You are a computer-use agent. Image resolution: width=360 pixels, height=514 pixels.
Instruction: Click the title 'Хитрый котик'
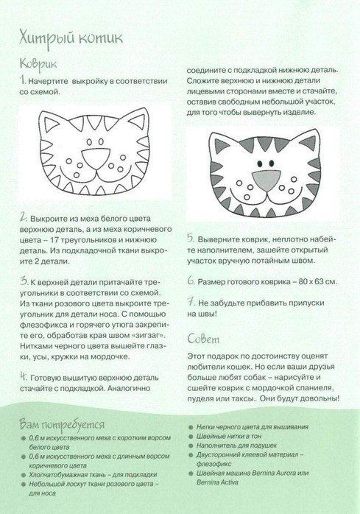[x=71, y=38]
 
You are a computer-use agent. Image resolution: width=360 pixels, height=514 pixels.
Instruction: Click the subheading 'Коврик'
[x=38, y=64]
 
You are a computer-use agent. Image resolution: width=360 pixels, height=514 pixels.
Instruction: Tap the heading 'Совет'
[x=203, y=339]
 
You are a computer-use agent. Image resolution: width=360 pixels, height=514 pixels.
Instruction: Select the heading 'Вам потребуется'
[x=62, y=424]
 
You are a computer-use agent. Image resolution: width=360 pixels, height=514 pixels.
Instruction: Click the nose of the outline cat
[x=96, y=158]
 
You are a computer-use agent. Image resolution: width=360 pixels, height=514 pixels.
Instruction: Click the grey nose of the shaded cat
[x=267, y=180]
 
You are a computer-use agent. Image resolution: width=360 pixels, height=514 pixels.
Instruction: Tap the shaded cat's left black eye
[x=260, y=163]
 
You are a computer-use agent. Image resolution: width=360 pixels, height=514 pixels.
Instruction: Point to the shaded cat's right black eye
[x=272, y=163]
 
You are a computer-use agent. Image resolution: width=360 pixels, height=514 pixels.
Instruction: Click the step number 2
[x=23, y=218]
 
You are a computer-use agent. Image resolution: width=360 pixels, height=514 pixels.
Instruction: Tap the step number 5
[x=191, y=239]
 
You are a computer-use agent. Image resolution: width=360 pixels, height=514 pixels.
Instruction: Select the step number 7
[x=191, y=302]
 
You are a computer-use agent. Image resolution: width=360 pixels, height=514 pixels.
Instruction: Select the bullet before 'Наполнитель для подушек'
[x=191, y=446]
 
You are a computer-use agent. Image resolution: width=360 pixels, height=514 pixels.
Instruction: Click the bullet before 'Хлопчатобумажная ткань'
[x=23, y=475]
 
